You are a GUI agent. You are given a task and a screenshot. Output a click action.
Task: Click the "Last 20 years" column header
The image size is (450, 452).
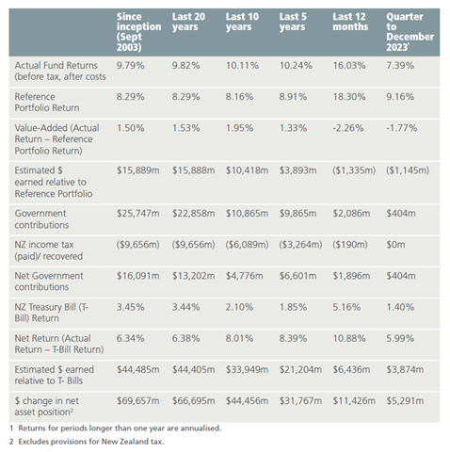point(188,22)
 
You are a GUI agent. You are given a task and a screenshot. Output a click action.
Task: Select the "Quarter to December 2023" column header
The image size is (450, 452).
point(410,32)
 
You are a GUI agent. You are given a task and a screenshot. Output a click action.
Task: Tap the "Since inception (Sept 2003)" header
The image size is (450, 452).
point(138,32)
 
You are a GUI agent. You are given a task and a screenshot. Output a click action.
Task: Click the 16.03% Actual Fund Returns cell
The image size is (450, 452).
point(349,66)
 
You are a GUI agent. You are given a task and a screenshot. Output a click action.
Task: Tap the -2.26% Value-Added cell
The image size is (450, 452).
point(348,128)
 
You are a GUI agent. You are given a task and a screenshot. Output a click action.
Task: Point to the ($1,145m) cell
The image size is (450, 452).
point(408,170)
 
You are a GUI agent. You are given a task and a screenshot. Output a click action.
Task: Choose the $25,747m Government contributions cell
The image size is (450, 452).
point(138,214)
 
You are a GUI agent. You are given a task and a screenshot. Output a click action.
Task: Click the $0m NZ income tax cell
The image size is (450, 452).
point(395,245)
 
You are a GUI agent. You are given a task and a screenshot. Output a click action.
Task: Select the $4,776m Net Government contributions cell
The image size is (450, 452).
point(244,276)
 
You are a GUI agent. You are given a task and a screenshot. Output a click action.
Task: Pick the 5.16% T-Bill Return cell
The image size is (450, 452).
point(346,307)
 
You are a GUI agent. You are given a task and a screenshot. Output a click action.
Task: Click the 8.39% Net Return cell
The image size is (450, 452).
point(293,338)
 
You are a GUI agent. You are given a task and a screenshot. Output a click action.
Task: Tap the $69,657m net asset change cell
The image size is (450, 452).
point(138,401)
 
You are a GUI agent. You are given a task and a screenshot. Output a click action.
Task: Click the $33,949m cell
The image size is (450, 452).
point(247,370)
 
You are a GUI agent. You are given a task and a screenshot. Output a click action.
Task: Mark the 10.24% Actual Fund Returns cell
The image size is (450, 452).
point(296,66)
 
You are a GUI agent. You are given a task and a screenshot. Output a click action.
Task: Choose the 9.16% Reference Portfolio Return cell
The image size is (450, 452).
point(400,97)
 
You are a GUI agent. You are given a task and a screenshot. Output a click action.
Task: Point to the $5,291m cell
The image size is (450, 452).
point(405,401)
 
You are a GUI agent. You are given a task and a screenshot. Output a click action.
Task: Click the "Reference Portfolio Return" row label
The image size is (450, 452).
point(47,103)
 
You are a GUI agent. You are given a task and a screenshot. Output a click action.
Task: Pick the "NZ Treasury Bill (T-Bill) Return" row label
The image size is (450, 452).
point(52,313)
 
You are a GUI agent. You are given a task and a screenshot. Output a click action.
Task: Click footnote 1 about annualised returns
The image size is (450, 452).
point(116,428)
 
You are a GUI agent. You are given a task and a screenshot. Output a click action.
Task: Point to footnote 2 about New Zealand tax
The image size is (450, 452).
point(87,442)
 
